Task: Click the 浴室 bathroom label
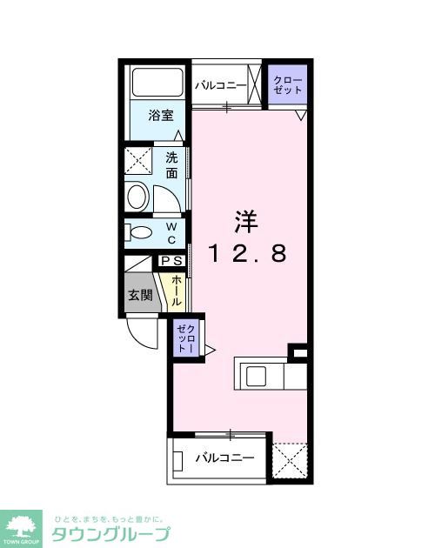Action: [159, 115]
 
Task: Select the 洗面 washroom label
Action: [172, 165]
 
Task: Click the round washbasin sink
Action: [138, 197]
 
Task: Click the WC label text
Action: [171, 232]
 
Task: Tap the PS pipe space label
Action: [171, 260]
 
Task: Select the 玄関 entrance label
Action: [141, 295]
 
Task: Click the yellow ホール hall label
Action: [177, 290]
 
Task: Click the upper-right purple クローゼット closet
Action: [288, 85]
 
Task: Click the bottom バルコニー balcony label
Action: [224, 457]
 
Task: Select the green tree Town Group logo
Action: [23, 526]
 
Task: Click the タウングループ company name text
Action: [110, 533]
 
